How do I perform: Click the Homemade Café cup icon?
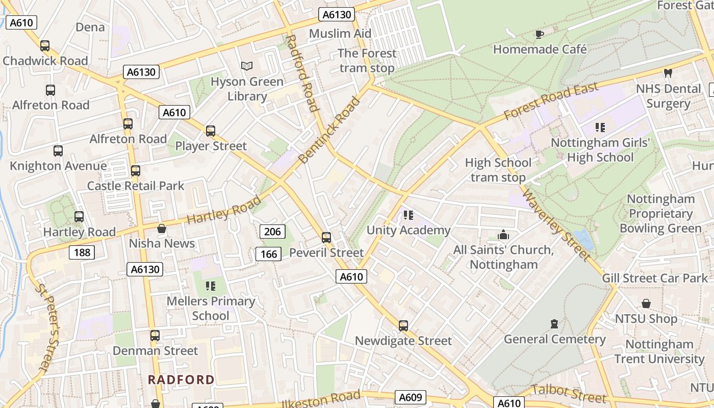(540, 34)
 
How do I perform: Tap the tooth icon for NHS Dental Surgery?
(668, 73)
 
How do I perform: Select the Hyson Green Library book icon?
(247, 66)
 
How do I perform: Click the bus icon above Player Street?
(211, 131)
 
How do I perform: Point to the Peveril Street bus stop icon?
(326, 238)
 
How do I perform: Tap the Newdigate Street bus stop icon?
(403, 325)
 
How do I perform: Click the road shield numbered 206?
(272, 232)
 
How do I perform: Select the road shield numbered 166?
(269, 254)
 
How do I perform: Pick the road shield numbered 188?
(82, 252)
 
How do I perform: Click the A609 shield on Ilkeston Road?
(410, 397)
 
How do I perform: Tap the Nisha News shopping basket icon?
(162, 228)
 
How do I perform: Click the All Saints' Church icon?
(503, 235)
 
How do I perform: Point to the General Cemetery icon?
(554, 324)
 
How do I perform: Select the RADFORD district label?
(181, 379)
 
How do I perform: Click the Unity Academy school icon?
(408, 215)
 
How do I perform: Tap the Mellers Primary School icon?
(210, 286)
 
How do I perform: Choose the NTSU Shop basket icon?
(646, 304)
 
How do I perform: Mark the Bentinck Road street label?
(329, 130)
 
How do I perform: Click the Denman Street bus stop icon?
(155, 336)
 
